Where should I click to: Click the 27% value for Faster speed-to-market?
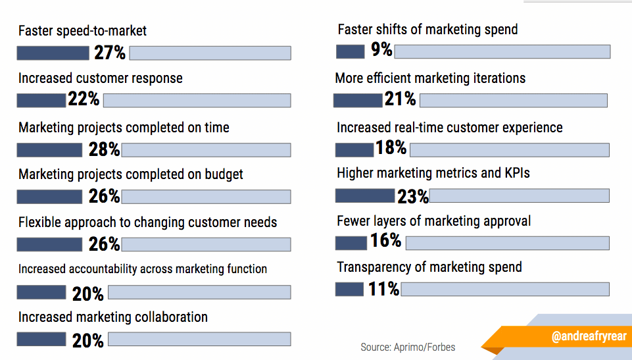coord(109,53)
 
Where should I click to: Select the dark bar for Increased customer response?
coord(41,101)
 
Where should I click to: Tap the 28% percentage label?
coord(104,149)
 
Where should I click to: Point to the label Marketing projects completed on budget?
coord(131,174)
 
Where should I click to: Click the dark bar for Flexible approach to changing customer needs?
coord(49,244)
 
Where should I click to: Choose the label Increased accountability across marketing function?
coord(143,269)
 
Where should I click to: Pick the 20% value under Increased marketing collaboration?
coord(87,340)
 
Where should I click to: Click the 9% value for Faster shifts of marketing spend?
coord(381,50)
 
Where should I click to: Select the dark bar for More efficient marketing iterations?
coord(357,100)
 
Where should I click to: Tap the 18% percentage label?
coord(391,148)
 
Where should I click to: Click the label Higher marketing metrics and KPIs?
coord(433,173)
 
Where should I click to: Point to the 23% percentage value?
coord(412,196)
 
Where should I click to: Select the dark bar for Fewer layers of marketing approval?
coord(351,243)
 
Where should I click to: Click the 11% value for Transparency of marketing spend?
coord(383,289)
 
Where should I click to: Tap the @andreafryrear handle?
coord(589,336)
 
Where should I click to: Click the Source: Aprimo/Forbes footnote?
coord(408,347)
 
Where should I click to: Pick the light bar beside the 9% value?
coord(502,51)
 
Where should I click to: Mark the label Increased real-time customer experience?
coord(450,128)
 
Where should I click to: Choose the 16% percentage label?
coord(385,241)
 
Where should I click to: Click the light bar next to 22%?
coord(197,101)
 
